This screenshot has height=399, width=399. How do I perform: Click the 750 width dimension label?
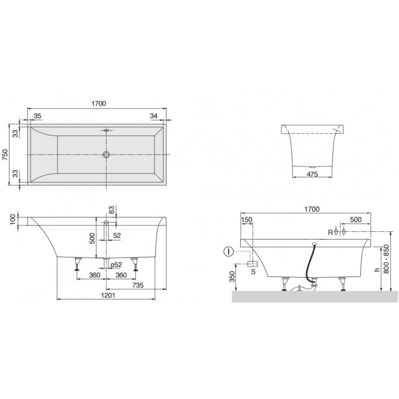pyautogui.click(x=5, y=155)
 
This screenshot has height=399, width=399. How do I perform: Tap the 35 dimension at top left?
pyautogui.click(x=37, y=116)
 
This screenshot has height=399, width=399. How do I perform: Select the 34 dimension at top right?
pyautogui.click(x=154, y=116)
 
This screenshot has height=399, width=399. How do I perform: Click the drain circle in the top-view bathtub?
pyautogui.click(x=106, y=154)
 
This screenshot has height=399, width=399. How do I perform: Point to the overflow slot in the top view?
pyautogui.click(x=107, y=131)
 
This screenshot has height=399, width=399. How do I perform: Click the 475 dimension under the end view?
pyautogui.click(x=312, y=174)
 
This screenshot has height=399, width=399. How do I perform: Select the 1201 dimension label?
pyautogui.click(x=108, y=295)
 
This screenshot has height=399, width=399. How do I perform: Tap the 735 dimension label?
pyautogui.click(x=138, y=285)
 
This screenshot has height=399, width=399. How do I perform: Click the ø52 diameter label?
pyautogui.click(x=116, y=265)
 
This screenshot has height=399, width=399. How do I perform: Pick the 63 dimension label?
pyautogui.click(x=112, y=210)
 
